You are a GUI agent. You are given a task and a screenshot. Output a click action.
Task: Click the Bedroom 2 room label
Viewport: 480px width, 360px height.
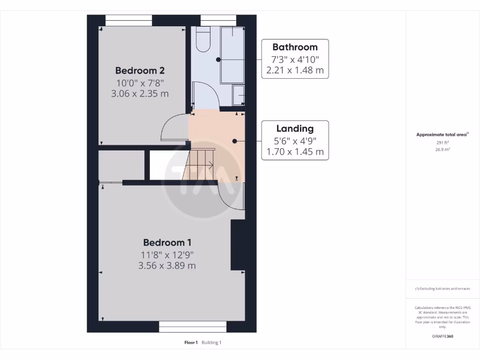[140, 71]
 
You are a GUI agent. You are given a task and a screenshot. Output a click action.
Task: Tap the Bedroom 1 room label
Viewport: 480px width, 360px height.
[167, 242]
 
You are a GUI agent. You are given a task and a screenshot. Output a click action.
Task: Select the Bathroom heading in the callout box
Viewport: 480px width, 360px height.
[295, 47]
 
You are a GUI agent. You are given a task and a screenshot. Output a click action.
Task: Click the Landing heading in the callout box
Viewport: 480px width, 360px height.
[295, 128]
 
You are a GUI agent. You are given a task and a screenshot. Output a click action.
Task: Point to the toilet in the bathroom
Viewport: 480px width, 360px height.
[203, 39]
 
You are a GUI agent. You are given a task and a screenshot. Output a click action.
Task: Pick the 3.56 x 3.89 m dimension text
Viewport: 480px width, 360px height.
[167, 265]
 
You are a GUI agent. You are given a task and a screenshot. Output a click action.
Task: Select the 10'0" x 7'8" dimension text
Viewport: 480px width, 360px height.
[140, 83]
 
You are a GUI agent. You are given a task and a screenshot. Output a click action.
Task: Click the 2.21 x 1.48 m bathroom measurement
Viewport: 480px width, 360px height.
[295, 70]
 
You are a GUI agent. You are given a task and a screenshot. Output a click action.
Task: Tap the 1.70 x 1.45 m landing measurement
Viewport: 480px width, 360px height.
[295, 152]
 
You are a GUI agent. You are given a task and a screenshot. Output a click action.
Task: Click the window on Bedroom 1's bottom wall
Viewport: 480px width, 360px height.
[193, 327]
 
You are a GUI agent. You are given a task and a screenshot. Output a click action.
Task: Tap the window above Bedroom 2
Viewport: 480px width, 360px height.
[128, 21]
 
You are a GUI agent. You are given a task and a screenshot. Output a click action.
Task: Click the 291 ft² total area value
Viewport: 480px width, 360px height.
[442, 143]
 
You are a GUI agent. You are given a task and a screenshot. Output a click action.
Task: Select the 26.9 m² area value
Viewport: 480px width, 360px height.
[442, 150]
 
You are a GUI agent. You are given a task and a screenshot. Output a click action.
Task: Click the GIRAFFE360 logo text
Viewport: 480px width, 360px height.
[442, 336]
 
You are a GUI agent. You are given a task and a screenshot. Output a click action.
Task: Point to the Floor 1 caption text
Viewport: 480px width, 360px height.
[191, 343]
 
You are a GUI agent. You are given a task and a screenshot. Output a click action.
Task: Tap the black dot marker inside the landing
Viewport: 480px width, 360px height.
[235, 141]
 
